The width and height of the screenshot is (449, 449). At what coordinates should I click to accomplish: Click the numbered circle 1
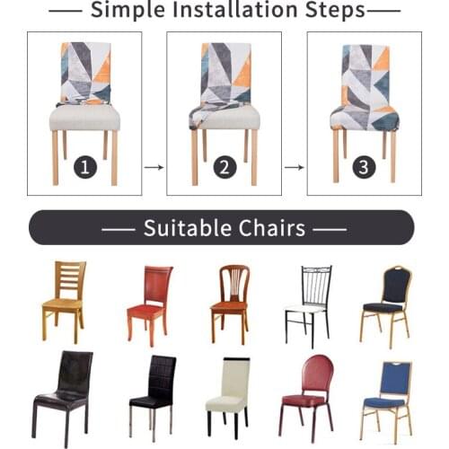pos(84,168)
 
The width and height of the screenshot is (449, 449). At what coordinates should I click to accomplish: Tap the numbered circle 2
pos(224,168)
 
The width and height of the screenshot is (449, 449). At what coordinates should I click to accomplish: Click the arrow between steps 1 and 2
pos(154,167)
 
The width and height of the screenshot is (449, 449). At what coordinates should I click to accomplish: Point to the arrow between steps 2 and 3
pos(295,167)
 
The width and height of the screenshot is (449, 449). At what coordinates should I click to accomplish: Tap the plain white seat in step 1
pos(84,116)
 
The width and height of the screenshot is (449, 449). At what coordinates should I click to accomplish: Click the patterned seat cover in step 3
pos(364,116)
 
